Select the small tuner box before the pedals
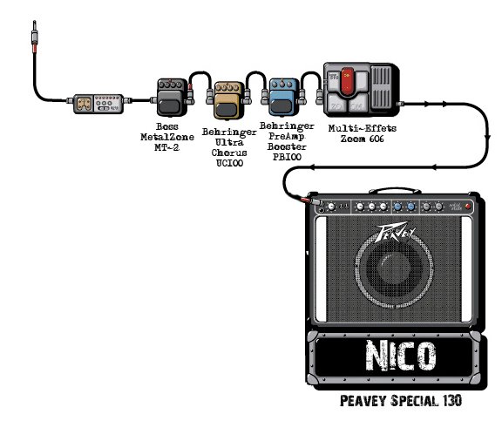pos(98,104)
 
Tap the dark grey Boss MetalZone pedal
pos(172,98)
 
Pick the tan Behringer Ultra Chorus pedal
pos(229,100)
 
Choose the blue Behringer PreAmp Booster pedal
pos(283,97)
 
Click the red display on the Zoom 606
pos(347,81)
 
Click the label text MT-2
pos(166,147)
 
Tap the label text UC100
pos(229,163)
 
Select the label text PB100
pos(287,157)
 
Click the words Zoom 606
pos(362,139)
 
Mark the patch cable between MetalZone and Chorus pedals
pos(200,72)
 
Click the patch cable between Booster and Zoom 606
pos(311,72)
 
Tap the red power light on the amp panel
pos(468,207)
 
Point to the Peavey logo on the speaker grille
pos(395,232)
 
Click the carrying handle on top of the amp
pos(395,191)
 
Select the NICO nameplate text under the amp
pos(401,356)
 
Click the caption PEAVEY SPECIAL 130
pos(401,401)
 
